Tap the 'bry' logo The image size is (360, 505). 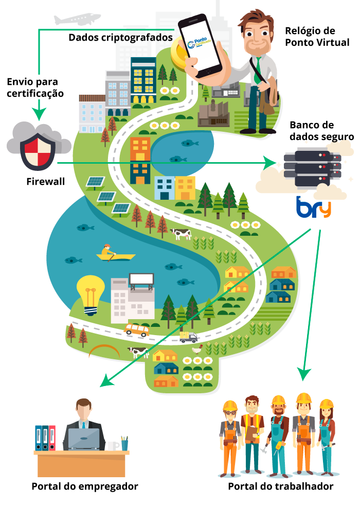314,207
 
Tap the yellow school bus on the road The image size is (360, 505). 137,329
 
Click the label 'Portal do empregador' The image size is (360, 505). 85,486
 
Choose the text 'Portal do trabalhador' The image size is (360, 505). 281,486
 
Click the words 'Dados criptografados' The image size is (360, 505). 120,38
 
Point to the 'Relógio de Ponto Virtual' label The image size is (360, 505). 311,37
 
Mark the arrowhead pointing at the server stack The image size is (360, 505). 271,164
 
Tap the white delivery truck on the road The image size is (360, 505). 188,337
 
